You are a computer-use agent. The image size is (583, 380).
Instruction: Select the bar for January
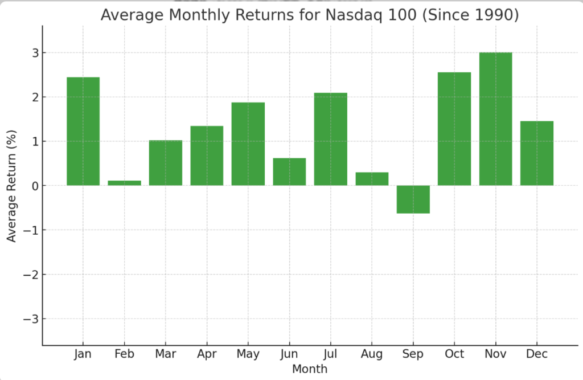pos(83,131)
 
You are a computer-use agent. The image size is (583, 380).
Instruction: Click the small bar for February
pos(124,183)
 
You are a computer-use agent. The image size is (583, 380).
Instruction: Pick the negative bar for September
pos(413,199)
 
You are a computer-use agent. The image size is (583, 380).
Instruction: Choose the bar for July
pos(331,139)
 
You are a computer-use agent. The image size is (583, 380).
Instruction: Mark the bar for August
pos(372,179)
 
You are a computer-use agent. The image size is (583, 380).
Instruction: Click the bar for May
pos(248,144)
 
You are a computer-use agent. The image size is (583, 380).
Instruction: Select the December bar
pos(537,153)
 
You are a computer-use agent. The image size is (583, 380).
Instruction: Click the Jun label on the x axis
pos(289,354)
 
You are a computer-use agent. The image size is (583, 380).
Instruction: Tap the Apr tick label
pos(207,354)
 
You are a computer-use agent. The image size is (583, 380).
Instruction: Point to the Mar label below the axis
pos(166,354)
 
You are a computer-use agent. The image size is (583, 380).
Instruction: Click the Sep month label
pos(413,354)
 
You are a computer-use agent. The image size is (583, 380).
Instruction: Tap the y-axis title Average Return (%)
pos(12,186)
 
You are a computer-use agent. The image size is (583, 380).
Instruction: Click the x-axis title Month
pos(310,369)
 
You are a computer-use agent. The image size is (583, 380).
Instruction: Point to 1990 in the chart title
pos(491,15)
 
